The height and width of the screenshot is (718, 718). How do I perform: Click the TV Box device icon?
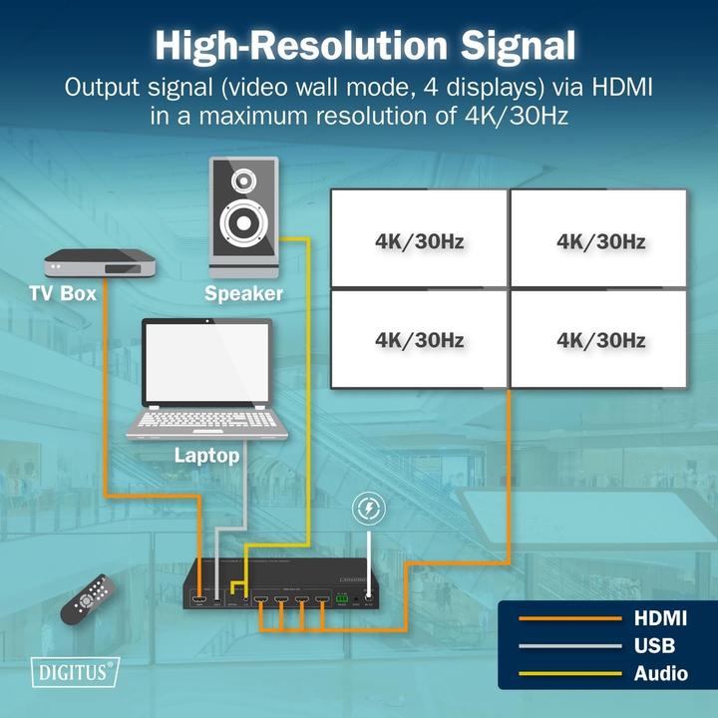(103, 265)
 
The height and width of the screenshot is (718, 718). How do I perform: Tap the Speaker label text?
(243, 293)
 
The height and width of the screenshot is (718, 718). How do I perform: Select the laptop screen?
(206, 362)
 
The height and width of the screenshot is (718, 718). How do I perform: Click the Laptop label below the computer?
(206, 456)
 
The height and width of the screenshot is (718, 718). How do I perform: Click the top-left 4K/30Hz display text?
(420, 241)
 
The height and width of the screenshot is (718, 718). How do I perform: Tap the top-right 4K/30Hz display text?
(600, 241)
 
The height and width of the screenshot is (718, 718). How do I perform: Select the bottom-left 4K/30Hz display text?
(420, 340)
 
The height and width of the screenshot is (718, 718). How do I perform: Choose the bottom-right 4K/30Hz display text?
(600, 340)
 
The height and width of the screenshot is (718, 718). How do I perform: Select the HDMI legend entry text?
(660, 619)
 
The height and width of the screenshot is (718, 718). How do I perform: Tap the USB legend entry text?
(654, 646)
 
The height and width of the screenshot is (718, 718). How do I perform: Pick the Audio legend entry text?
(660, 673)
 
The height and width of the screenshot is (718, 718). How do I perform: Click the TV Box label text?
(62, 294)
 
